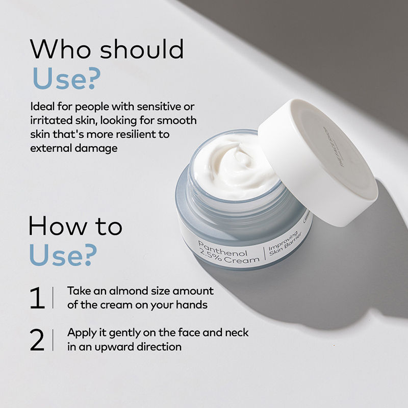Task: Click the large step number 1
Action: click(x=37, y=298)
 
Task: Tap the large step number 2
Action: click(x=37, y=340)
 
